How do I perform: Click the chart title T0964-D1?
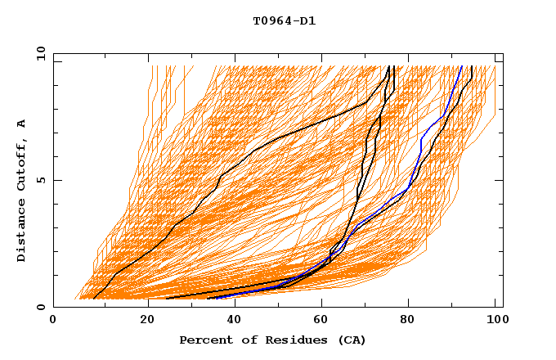[x=284, y=21]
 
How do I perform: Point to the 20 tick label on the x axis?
[x=148, y=322]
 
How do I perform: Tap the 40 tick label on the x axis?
[x=236, y=322]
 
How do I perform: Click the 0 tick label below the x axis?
[x=53, y=322]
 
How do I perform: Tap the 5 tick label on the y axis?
[x=39, y=180]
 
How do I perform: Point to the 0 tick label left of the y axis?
[x=39, y=308]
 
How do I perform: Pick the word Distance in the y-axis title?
[x=22, y=233]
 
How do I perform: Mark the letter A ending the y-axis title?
[x=22, y=124]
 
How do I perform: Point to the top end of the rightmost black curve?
[x=471, y=67]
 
